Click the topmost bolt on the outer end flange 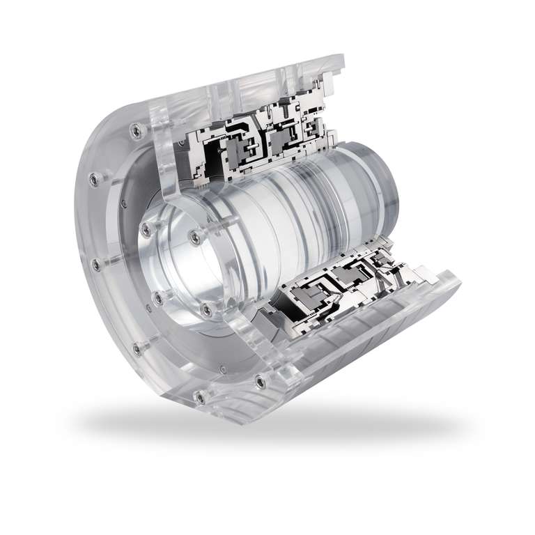click(x=133, y=128)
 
